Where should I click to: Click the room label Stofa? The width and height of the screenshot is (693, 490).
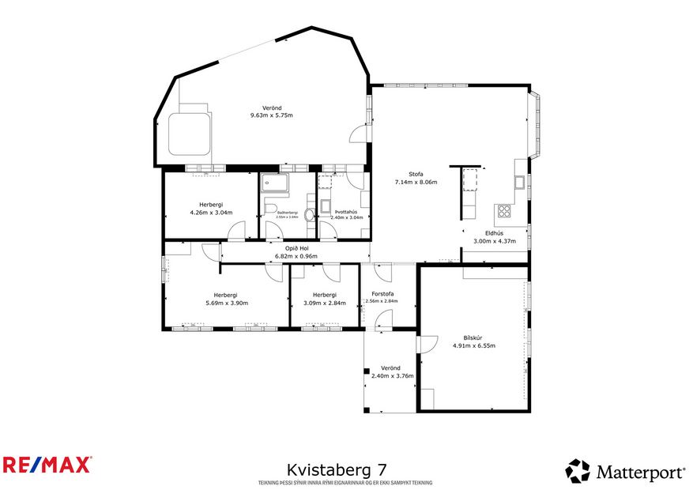coord(416,174)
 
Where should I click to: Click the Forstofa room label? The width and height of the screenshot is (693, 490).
coord(382,294)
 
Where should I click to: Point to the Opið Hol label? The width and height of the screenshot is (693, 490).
coord(296,248)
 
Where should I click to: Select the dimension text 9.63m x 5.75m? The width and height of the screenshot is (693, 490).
coord(271,115)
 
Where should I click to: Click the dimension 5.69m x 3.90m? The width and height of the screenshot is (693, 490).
coord(227,303)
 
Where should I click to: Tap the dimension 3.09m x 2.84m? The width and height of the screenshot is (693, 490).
coord(324,303)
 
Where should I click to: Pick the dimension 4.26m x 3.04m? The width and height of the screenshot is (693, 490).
coord(211,212)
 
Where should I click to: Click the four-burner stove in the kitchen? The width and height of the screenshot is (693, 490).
coord(503,211)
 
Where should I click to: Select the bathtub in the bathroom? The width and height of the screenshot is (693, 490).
coord(275,182)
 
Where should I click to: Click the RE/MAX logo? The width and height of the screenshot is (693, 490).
coord(47,464)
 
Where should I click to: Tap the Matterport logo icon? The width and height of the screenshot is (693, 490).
coord(578,471)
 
